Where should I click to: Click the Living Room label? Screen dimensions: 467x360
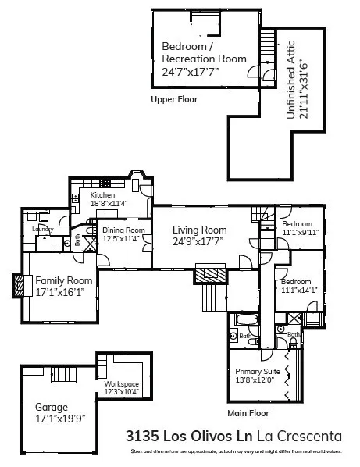point(200,230)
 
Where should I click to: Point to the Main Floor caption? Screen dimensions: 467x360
point(248,412)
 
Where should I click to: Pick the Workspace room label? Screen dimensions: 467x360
point(121,384)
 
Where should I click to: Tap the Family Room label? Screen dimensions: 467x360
point(64,280)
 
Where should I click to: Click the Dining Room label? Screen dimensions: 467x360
point(124,230)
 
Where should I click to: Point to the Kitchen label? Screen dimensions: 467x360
point(102,194)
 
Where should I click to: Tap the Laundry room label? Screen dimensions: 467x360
point(42,229)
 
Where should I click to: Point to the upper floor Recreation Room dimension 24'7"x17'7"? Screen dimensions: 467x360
point(191,71)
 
